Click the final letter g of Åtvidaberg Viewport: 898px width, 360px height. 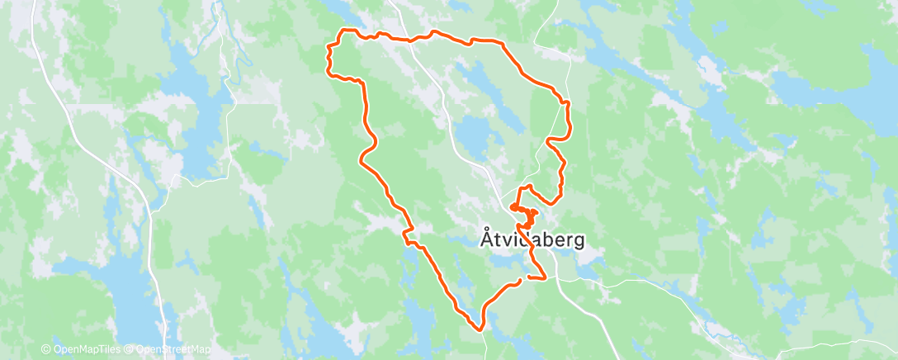point(579,242)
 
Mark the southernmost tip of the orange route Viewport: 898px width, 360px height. point(480,329)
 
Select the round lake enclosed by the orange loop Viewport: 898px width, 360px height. point(471,132)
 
